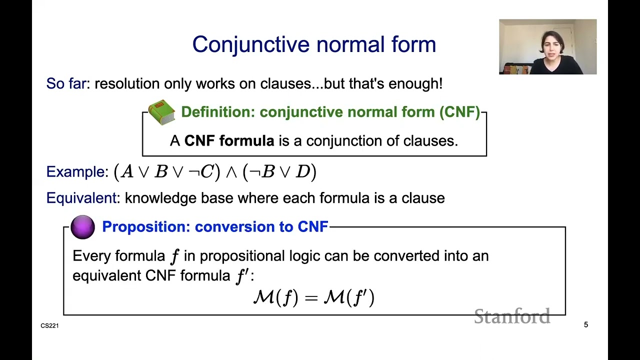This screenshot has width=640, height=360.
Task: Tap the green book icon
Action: pyautogui.click(x=161, y=112)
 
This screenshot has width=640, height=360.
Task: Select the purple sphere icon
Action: pyautogui.click(x=83, y=227)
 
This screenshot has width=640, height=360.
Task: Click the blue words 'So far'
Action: pyautogui.click(x=66, y=83)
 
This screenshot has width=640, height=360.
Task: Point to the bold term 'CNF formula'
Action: pyautogui.click(x=229, y=141)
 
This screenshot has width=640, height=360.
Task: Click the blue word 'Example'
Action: pyautogui.click(x=75, y=172)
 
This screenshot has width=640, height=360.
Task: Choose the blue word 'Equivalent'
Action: pyautogui.click(x=81, y=198)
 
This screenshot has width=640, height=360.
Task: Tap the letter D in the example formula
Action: pyautogui.click(x=302, y=172)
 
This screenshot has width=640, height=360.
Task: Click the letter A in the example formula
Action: pyautogui.click(x=127, y=172)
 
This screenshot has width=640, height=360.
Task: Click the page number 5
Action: pyautogui.click(x=586, y=325)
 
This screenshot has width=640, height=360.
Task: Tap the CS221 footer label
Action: pyautogui.click(x=49, y=326)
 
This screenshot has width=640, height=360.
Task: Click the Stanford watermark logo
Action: pyautogui.click(x=512, y=316)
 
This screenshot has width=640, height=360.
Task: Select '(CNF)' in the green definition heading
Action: pyautogui.click(x=459, y=112)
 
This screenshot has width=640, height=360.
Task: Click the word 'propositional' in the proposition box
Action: pyautogui.click(x=242, y=256)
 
